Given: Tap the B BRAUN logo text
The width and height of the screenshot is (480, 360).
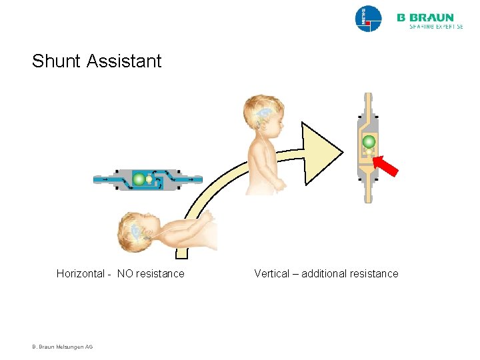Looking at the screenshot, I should click(425, 17).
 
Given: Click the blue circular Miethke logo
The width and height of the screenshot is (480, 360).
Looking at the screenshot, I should click(369, 19).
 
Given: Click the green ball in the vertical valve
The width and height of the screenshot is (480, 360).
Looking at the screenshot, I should click(368, 141).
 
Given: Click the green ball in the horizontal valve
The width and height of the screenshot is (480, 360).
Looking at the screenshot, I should click(139, 179).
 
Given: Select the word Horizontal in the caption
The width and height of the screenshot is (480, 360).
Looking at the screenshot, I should click(80, 273).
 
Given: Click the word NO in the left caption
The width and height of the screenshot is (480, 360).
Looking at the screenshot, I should click(125, 273).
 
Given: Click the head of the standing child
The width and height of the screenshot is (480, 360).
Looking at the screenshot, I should click(263, 114).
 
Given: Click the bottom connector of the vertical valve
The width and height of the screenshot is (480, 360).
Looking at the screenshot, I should click(368, 191).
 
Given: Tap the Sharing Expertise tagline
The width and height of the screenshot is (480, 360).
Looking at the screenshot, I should click(430, 27).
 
